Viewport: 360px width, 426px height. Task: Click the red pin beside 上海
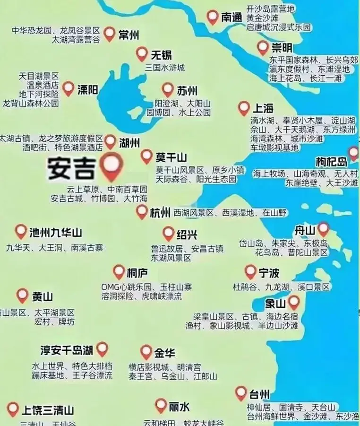[244, 108]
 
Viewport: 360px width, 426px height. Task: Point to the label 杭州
[160, 212]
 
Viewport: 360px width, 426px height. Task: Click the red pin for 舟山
[323, 229]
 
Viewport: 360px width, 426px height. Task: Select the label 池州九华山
[56, 232]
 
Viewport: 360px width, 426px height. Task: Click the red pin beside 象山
[294, 301]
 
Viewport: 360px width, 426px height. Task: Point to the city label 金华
[165, 353]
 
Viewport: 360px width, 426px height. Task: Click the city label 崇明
[282, 48]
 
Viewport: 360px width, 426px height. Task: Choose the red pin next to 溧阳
[69, 88]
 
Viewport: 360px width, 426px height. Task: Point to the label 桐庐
[137, 273]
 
